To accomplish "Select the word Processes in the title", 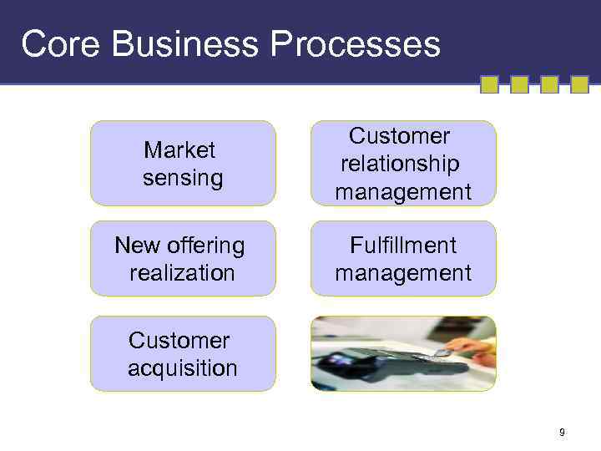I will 355,43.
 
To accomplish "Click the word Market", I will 179,150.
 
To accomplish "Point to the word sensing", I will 183,178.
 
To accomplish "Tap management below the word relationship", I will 403,192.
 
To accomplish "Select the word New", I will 136,246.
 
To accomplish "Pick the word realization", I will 183,273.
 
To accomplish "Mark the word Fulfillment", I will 403,246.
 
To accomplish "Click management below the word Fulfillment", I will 403,273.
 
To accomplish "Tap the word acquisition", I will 183,368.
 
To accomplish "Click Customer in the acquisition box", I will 179,341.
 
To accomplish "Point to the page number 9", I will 562,432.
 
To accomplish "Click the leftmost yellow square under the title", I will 489,84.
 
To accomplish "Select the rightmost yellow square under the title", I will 579,84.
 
